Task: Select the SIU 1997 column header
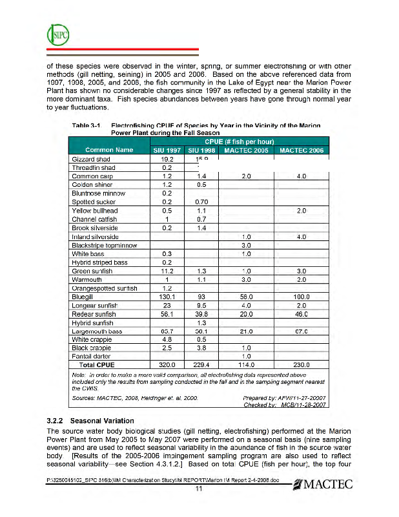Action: [168, 150]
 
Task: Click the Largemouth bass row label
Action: [97, 331]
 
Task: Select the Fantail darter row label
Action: [91, 356]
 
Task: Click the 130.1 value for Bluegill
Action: [168, 297]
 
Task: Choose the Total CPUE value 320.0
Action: [168, 364]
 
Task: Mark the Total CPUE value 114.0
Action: [245, 364]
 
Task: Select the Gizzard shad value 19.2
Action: [168, 158]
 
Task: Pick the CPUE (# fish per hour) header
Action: [240, 141]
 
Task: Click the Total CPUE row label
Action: [97, 364]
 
